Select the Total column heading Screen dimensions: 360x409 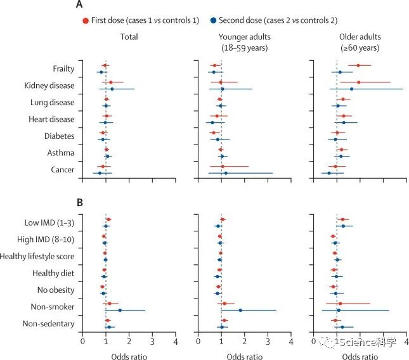point(130,37)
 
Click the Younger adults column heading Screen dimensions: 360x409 point(245,42)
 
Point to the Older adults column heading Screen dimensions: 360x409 point(360,42)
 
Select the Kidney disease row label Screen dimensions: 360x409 point(49,85)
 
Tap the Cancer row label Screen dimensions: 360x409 point(62,170)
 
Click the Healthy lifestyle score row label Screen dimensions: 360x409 point(41,256)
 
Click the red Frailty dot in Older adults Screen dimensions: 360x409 point(358,65)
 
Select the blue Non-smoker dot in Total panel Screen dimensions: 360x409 point(120,311)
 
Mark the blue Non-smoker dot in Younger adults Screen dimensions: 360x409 point(240,311)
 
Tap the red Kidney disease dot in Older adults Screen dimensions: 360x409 point(358,82)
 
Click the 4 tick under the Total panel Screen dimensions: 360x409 point(176,342)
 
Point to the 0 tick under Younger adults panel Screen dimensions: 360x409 point(198,342)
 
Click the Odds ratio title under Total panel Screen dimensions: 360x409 point(129,354)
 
